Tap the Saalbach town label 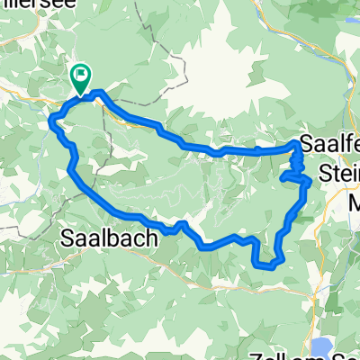click(x=108, y=239)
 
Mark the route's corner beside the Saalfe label click(x=296, y=144)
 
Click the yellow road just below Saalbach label click(x=108, y=261)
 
